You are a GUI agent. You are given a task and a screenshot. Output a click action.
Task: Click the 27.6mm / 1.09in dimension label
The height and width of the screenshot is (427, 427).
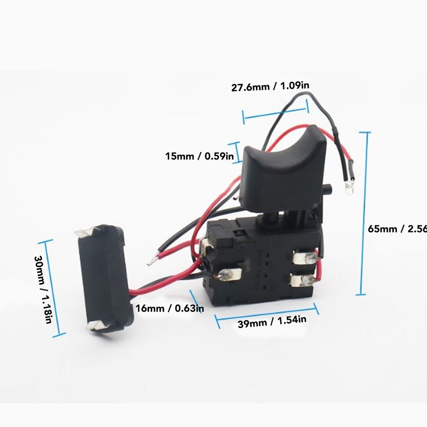(x=270, y=87)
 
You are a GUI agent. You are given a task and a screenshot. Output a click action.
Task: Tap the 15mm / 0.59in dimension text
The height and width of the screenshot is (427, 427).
(x=199, y=156)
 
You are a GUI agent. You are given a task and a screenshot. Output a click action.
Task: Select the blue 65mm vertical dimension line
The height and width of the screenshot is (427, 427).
(x=363, y=213)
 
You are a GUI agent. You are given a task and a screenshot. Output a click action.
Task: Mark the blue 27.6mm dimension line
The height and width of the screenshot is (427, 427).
(x=275, y=112)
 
